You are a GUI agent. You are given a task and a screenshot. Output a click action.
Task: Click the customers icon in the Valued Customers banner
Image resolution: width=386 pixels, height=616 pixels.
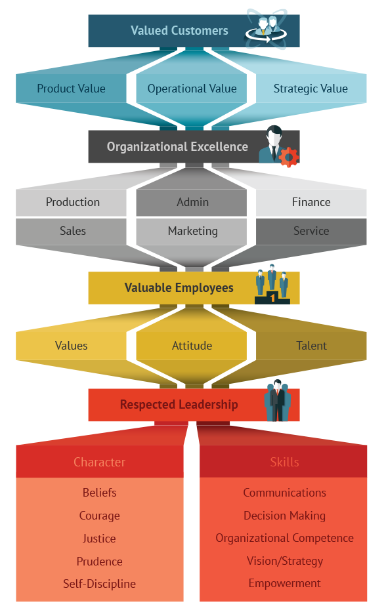(266, 30)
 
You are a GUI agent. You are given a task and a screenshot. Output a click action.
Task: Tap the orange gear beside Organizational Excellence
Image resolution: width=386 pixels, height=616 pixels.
(289, 157)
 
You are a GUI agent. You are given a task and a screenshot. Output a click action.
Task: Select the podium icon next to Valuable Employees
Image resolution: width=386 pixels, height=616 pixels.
(272, 285)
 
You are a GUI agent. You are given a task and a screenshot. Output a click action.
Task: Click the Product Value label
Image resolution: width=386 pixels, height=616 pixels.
(71, 89)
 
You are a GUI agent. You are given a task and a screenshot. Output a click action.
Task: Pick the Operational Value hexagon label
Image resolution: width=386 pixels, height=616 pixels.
(192, 89)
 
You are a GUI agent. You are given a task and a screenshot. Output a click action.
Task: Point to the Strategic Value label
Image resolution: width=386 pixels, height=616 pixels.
(311, 89)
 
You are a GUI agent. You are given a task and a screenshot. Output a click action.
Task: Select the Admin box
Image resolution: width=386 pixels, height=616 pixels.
(192, 202)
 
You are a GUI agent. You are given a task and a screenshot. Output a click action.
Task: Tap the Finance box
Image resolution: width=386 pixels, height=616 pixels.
(311, 202)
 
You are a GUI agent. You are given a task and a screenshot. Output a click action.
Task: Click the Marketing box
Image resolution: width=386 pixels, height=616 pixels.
(192, 232)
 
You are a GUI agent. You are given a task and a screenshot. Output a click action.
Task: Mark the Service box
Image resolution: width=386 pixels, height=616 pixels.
(311, 232)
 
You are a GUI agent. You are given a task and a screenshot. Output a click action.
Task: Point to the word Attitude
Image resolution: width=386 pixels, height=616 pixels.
(192, 346)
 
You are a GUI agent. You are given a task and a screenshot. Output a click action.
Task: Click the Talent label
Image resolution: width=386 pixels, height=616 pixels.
(311, 346)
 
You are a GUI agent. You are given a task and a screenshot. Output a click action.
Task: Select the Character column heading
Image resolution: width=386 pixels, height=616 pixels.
(99, 462)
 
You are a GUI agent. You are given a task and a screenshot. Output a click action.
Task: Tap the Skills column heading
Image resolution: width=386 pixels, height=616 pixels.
(285, 462)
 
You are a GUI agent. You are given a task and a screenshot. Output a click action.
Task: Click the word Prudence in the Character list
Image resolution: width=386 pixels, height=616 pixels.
(99, 562)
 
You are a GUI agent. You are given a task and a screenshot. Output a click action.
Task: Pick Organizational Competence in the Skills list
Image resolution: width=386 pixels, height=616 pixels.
(285, 538)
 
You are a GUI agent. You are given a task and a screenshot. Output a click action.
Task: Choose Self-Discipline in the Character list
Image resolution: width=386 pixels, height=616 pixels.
(99, 584)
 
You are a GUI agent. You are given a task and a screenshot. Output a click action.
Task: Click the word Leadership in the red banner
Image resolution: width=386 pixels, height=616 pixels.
(207, 405)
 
